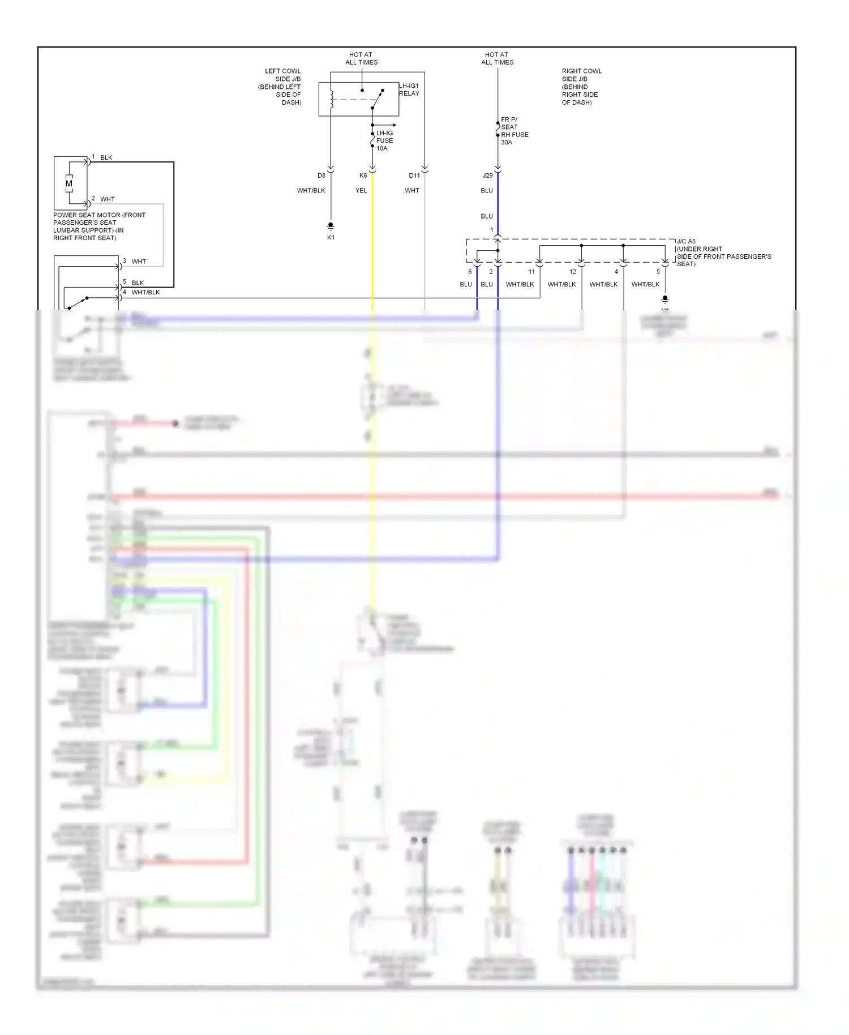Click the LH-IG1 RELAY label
pos(409,89)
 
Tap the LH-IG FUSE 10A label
pos(384,140)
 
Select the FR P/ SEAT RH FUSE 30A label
pos(514,131)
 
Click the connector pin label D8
pos(321,176)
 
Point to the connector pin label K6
pos(363,176)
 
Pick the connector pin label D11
pos(414,176)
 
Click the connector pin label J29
pos(487,176)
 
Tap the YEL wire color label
pos(361,191)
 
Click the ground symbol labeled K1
pos(331,226)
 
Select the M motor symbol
pos(69,183)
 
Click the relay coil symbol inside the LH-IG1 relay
pos(332,99)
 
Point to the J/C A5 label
pos(686,241)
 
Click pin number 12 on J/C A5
pos(573,272)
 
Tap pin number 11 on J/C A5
pos(531,272)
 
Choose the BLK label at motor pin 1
pos(106,158)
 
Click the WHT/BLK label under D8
pos(311,191)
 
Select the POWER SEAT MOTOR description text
pos(98,226)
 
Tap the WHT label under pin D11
pos(412,191)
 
